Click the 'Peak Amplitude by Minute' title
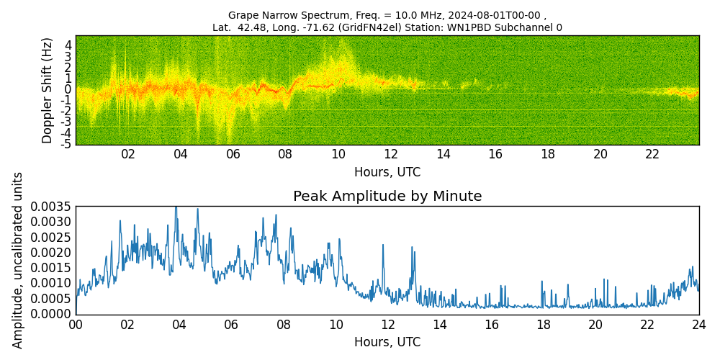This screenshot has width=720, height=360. click(x=387, y=197)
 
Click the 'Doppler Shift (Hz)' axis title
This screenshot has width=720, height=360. click(x=48, y=90)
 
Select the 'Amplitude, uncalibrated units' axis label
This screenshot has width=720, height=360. click(x=18, y=260)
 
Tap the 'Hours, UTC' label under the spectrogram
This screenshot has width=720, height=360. click(x=387, y=172)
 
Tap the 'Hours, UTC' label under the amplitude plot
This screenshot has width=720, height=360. click(x=387, y=342)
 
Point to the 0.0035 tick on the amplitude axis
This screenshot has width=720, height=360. click(x=50, y=207)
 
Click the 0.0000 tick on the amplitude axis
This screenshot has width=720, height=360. click(x=50, y=314)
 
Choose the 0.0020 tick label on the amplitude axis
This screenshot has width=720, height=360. click(x=50, y=253)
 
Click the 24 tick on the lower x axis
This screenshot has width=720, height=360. click(x=699, y=325)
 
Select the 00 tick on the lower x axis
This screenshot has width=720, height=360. click(x=76, y=325)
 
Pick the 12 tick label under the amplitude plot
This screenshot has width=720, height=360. click(x=387, y=325)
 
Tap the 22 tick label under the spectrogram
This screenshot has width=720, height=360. click(x=652, y=154)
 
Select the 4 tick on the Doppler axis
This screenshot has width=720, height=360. click(x=68, y=45)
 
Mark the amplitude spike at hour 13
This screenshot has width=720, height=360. click(x=413, y=248)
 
